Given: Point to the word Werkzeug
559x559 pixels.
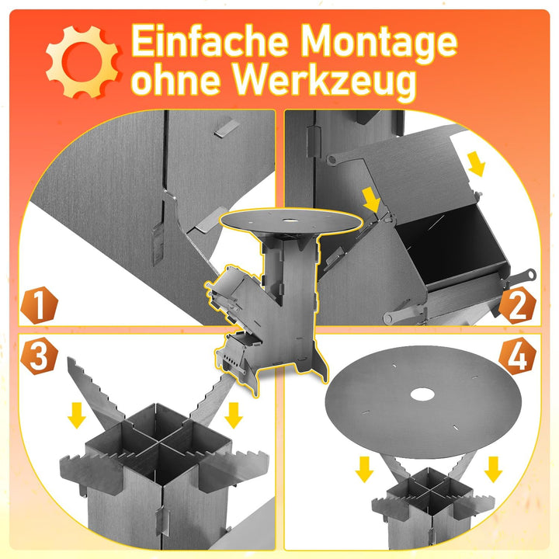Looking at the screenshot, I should tap(325, 82).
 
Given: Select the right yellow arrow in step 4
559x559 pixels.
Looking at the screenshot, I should tap(491, 469).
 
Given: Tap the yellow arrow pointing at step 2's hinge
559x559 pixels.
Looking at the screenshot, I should tap(373, 203).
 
